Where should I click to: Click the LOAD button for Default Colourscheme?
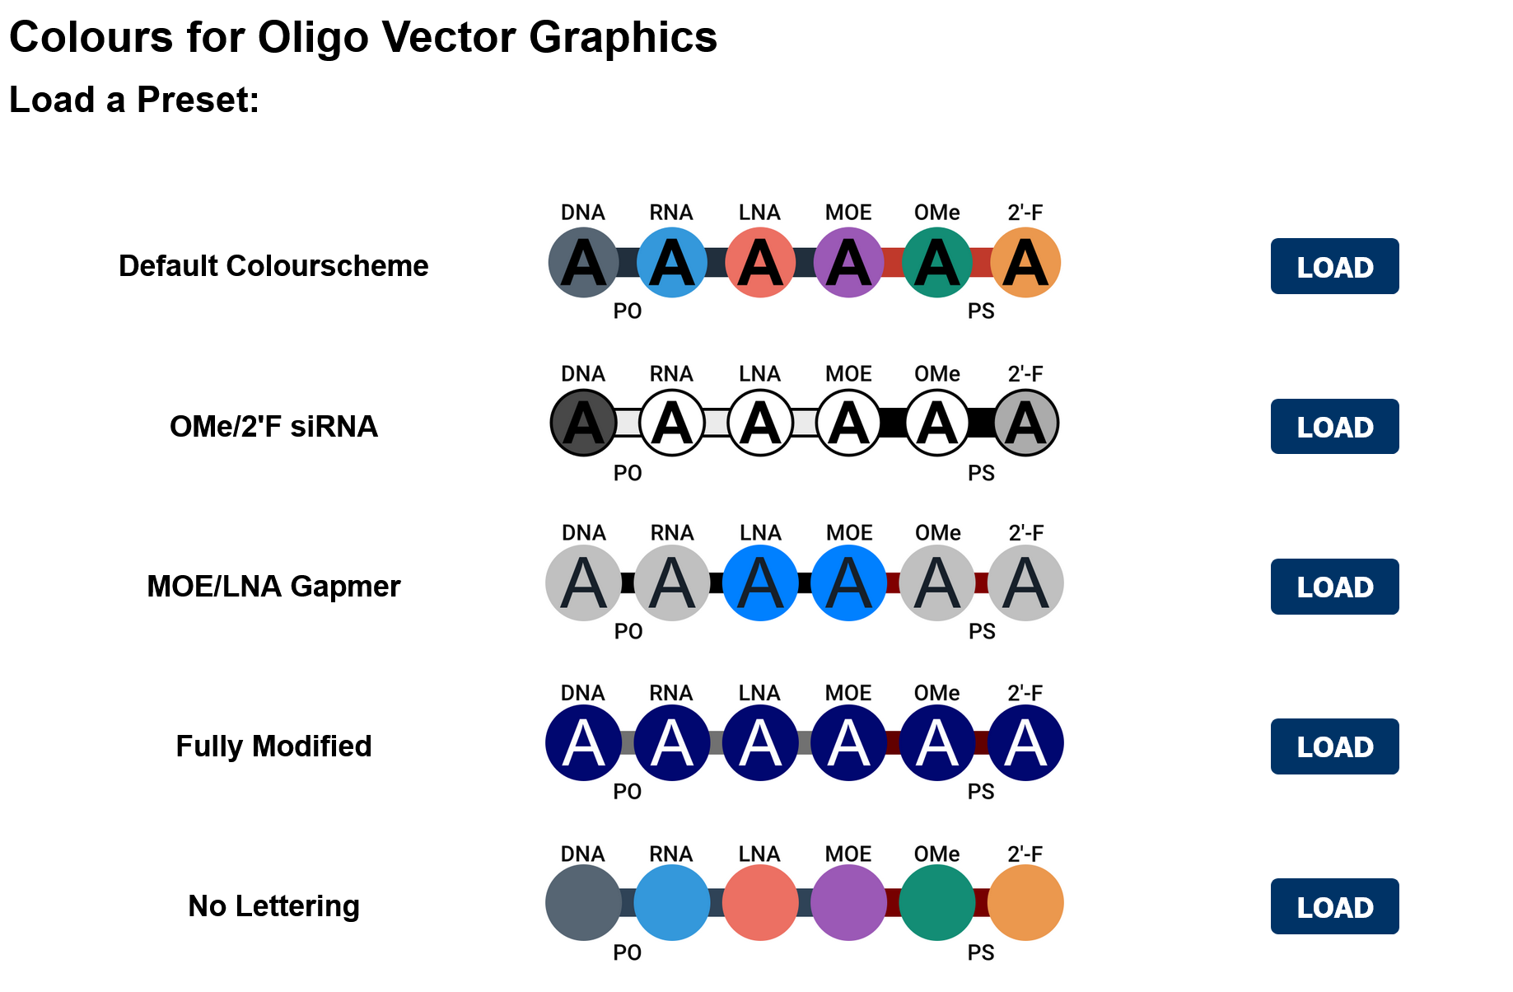click(x=1333, y=266)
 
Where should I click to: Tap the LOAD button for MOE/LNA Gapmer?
click(x=1333, y=587)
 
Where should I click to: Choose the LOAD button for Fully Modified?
click(x=1333, y=746)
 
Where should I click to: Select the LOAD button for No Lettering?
click(x=1333, y=906)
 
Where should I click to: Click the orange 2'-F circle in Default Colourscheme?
click(x=1025, y=263)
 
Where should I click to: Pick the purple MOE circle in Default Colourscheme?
click(x=848, y=263)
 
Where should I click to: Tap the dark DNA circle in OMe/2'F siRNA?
click(x=583, y=423)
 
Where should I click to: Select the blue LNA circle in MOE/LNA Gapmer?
click(x=760, y=583)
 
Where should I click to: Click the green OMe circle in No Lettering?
click(x=936, y=903)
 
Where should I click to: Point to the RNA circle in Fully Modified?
click(x=671, y=743)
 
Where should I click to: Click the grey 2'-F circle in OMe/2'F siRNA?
click(x=1025, y=423)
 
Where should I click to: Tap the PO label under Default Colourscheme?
click(x=628, y=311)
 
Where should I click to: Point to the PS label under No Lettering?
click(x=981, y=953)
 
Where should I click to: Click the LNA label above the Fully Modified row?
click(x=759, y=693)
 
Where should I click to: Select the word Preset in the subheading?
click(x=198, y=101)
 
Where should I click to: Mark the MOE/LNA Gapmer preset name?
click(x=273, y=587)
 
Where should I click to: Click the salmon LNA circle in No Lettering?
click(x=760, y=903)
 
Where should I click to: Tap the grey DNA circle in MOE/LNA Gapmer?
click(x=583, y=583)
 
